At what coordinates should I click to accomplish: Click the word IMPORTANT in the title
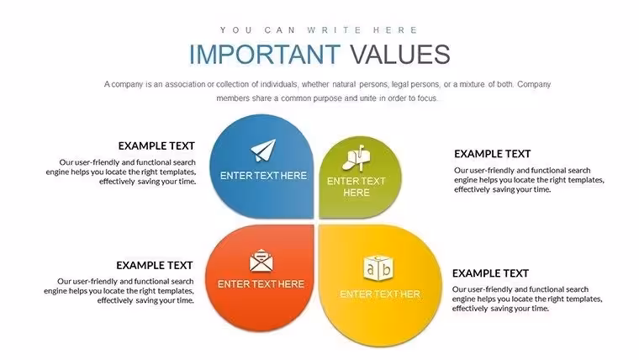coord(265,54)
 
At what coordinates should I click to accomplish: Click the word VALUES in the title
coord(400,54)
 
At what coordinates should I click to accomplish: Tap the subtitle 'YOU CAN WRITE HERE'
coord(319,30)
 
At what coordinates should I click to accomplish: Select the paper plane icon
coord(263,150)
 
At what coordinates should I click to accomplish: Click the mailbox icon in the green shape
coord(356,158)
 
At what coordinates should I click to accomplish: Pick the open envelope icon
coord(261,261)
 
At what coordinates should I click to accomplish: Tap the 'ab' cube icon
coord(378,267)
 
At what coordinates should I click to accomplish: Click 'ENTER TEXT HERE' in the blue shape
coord(263,176)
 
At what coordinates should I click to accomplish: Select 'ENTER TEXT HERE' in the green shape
coord(356,187)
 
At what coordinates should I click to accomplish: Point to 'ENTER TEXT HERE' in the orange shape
coord(261,284)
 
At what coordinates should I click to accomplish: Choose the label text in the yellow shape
coord(380,294)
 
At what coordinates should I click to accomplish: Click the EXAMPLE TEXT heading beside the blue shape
coord(156,146)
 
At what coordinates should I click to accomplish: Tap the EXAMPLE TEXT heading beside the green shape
coord(493,154)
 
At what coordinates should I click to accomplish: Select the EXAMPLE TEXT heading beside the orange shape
coord(155,266)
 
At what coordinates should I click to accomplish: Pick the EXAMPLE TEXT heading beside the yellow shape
coord(490,273)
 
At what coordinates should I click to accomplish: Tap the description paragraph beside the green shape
coord(529,180)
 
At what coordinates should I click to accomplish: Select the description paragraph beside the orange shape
coord(119,291)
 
